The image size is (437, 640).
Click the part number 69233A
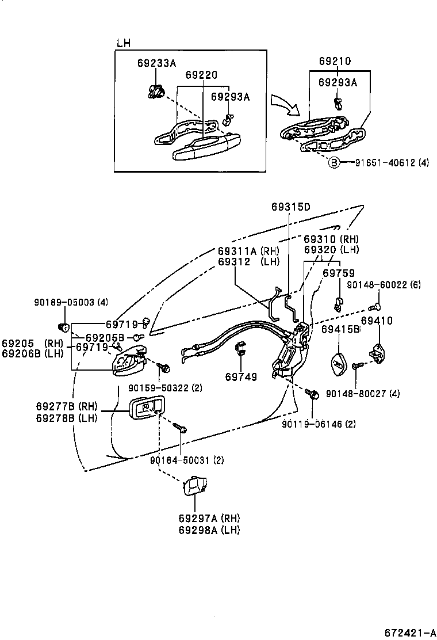click(156, 63)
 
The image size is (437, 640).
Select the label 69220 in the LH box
click(201, 75)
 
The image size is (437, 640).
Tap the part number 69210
click(335, 61)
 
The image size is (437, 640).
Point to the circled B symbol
click(333, 163)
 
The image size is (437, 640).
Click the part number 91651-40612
click(378, 163)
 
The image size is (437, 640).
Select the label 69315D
click(290, 207)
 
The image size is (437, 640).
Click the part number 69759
click(338, 273)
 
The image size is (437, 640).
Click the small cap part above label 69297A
click(194, 485)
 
